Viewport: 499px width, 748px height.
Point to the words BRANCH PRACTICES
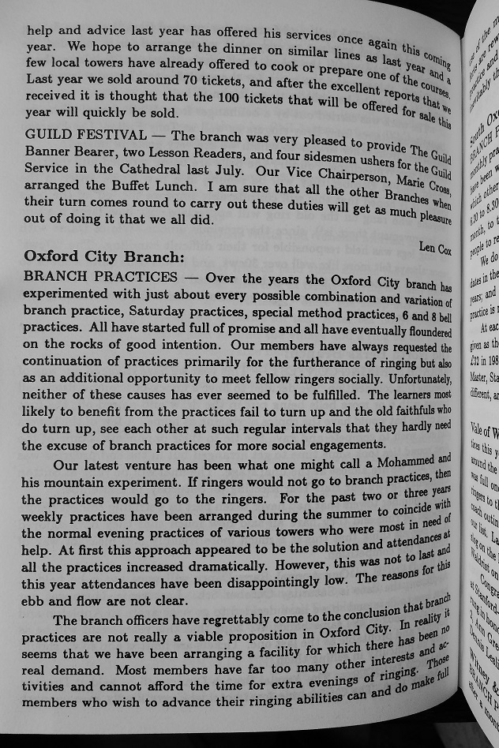click(x=101, y=277)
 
